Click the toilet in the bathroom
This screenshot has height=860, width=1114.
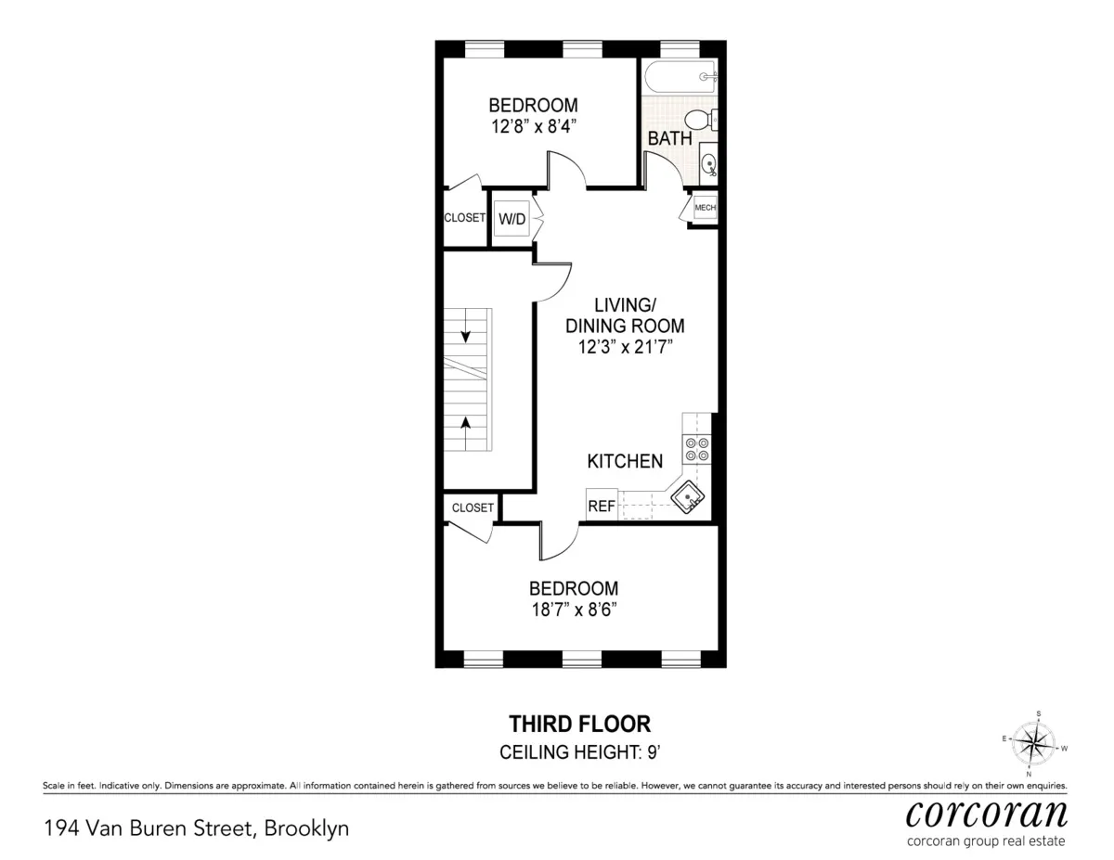pos(699,119)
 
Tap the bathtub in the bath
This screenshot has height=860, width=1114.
pos(680,78)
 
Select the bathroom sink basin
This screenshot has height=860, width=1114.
pos(709,165)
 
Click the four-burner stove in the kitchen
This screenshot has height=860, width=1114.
pos(697,450)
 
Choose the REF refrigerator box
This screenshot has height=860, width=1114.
pos(602,506)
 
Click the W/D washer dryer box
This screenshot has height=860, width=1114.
pos(512,220)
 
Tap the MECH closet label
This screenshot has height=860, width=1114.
pos(706,209)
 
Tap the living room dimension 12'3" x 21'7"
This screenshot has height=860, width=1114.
pos(626,346)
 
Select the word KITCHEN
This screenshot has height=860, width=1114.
pos(625,461)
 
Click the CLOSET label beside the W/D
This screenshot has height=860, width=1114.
pos(464,218)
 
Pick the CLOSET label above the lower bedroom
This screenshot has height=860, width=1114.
pos(473,507)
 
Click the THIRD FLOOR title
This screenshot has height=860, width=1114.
pos(579,724)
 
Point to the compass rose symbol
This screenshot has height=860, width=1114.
pos(1033,742)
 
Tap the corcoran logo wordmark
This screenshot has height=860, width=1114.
pos(986,814)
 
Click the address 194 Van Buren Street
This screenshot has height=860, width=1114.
pos(196,828)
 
